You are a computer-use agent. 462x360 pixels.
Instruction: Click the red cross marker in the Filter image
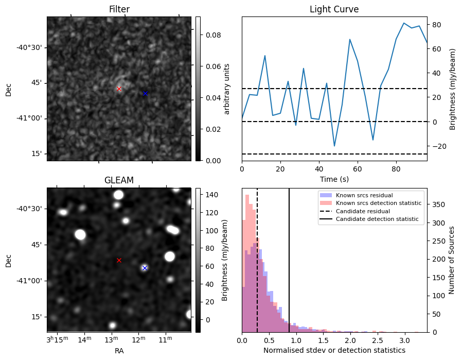pyautogui.click(x=119, y=89)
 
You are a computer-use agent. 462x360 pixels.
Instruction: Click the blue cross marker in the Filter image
pyautogui.click(x=145, y=93)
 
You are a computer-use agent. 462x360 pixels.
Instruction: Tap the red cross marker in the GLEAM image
pyautogui.click(x=119, y=260)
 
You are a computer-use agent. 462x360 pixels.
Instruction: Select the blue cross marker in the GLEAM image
pyautogui.click(x=145, y=268)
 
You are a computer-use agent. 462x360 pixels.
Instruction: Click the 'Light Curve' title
pyautogui.click(x=334, y=9)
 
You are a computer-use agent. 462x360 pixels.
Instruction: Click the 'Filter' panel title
pyautogui.click(x=119, y=9)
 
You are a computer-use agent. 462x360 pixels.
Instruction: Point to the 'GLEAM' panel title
pyautogui.click(x=119, y=180)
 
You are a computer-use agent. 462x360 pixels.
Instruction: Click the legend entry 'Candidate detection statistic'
pyautogui.click(x=377, y=219)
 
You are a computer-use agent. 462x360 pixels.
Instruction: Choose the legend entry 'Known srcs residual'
pyautogui.click(x=364, y=195)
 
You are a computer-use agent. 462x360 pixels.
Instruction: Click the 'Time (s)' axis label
pyautogui.click(x=334, y=178)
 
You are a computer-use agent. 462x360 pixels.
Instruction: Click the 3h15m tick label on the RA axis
pyautogui.click(x=57, y=340)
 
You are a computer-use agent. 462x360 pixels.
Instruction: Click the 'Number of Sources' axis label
pyautogui.click(x=452, y=260)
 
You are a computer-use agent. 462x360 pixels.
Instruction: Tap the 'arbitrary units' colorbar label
pyautogui.click(x=227, y=89)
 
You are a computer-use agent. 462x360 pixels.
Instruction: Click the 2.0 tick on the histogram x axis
pyautogui.click(x=350, y=340)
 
